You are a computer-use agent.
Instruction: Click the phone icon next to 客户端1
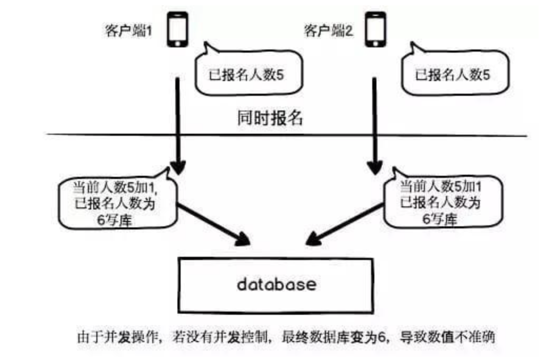click(178, 30)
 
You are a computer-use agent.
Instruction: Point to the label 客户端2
click(327, 31)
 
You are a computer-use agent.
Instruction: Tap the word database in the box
click(276, 285)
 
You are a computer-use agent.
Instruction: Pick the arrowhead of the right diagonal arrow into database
click(311, 241)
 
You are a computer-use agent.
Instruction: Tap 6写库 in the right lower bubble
click(442, 220)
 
